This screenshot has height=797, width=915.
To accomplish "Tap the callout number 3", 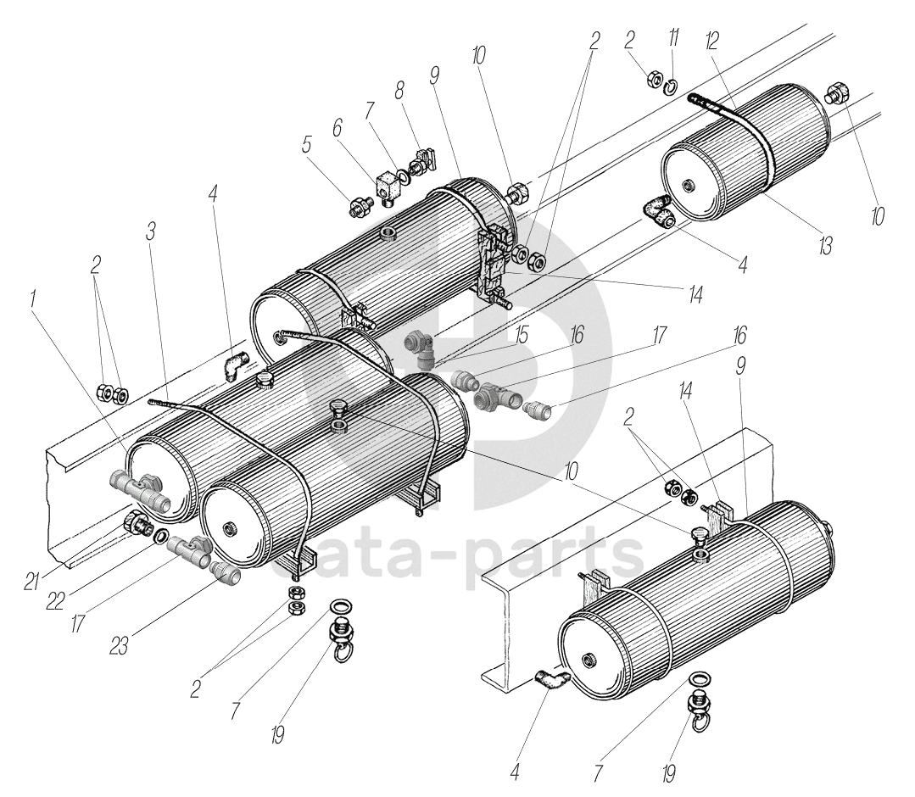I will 150,231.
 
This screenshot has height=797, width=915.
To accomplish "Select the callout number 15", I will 522,336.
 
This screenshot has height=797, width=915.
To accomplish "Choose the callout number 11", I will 673,40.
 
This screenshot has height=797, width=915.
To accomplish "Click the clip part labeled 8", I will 424,158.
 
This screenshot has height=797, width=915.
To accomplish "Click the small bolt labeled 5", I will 360,205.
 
